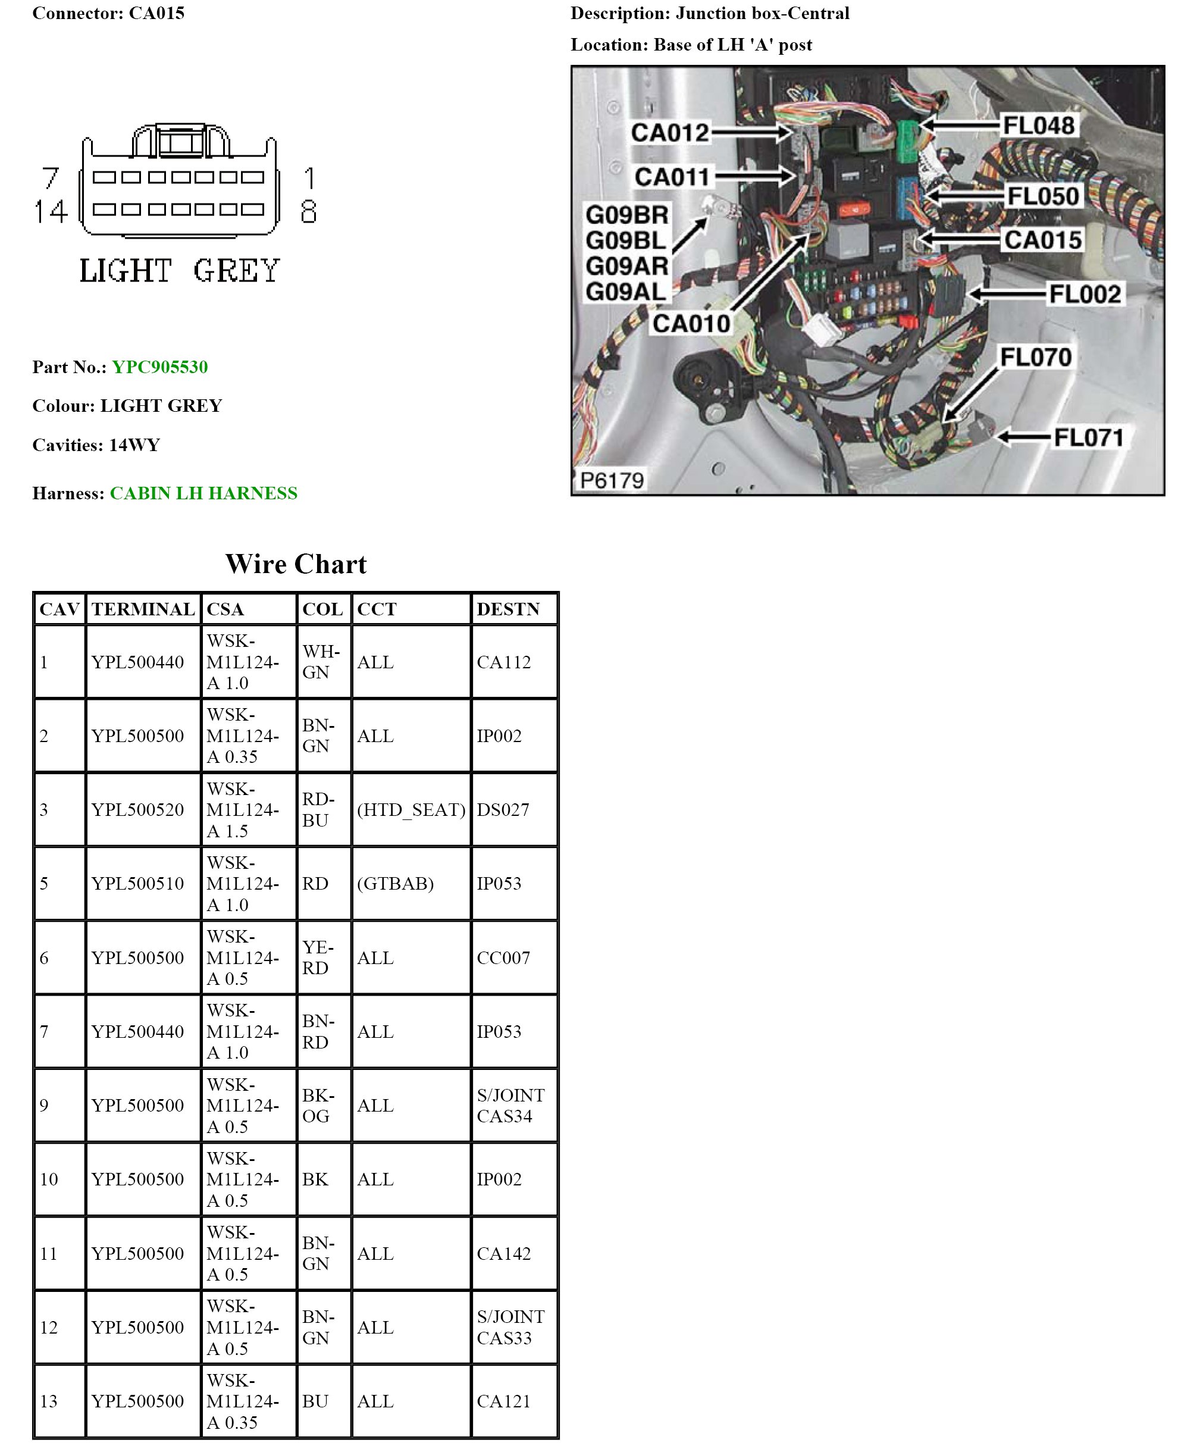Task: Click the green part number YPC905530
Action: click(x=159, y=367)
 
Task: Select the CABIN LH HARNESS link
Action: click(x=203, y=493)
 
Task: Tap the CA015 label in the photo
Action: click(x=1043, y=240)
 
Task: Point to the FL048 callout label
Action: click(x=1038, y=126)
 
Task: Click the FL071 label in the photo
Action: click(x=1088, y=437)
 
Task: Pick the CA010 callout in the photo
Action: click(x=691, y=323)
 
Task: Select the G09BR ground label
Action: click(x=626, y=215)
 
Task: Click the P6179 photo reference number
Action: click(x=612, y=481)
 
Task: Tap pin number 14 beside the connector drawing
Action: click(x=52, y=212)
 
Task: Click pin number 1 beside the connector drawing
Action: click(x=309, y=179)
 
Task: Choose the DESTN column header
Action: click(x=507, y=609)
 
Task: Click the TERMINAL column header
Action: click(x=143, y=609)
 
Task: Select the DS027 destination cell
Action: click(x=503, y=809)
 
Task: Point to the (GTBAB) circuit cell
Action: click(x=395, y=883)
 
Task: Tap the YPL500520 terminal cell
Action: click(x=138, y=809)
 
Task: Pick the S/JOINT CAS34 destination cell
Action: click(x=510, y=1105)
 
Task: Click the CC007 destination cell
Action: click(x=503, y=958)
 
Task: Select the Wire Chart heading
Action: click(x=296, y=564)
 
